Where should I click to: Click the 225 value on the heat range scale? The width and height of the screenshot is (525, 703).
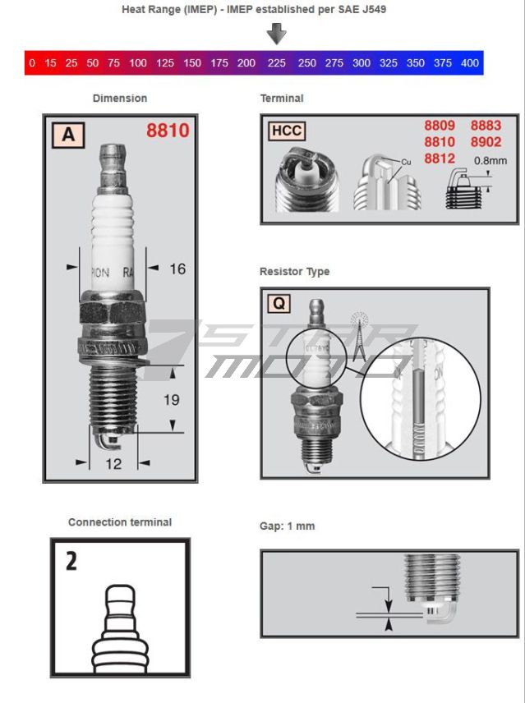pos(277,63)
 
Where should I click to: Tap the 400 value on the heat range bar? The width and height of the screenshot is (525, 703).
pos(469,63)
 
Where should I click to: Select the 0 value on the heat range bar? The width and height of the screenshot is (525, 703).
pos(32,63)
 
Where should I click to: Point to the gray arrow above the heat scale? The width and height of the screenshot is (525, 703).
pos(277,34)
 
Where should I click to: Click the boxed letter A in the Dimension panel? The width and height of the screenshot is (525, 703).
pos(67,134)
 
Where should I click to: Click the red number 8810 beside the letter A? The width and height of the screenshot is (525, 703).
pos(168,131)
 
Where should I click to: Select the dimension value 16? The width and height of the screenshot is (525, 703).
pos(177,269)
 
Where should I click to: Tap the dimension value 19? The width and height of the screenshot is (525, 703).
pos(172,400)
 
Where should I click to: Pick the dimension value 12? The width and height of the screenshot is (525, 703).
pos(113,464)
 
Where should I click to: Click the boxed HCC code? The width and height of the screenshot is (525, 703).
pos(287,131)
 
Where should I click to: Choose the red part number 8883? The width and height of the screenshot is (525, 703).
pos(486,126)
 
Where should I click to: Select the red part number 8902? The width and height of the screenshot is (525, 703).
pos(486,142)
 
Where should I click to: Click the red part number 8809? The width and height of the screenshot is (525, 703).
pos(440,126)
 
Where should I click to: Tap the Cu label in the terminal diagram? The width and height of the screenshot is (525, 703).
pos(405,163)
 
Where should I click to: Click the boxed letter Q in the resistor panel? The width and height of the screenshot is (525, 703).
pos(279,304)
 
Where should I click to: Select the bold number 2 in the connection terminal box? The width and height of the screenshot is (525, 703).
pos(71,562)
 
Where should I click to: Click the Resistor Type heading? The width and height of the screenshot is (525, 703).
pos(294,272)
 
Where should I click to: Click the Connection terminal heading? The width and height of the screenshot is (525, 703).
pos(120,522)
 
